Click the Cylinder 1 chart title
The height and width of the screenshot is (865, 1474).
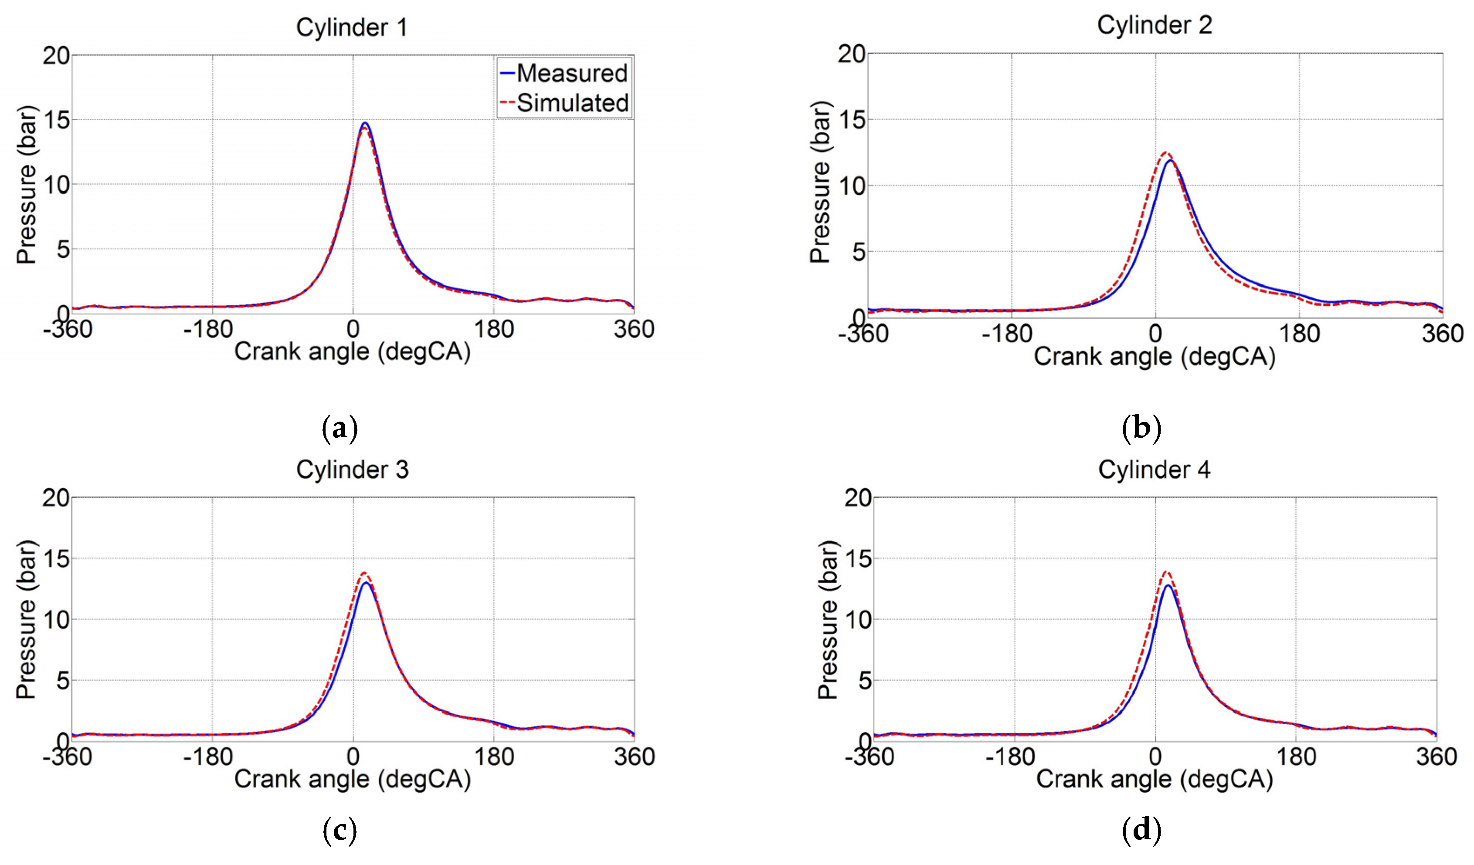(x=352, y=28)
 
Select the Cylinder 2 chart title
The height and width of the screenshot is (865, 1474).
(x=1154, y=25)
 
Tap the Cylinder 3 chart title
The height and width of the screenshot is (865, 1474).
(x=352, y=470)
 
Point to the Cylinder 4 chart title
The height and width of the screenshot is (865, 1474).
(x=1154, y=470)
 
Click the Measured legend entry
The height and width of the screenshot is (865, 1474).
(x=571, y=74)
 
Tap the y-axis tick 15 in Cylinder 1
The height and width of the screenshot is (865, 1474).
(x=55, y=120)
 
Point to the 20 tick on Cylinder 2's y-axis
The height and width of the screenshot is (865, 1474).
(x=851, y=54)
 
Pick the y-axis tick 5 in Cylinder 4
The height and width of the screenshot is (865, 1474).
(x=865, y=681)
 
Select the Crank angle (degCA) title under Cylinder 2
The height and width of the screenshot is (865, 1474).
(x=1154, y=357)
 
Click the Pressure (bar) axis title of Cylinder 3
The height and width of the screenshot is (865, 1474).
(x=26, y=619)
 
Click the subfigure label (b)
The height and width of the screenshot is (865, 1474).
(x=1141, y=429)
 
